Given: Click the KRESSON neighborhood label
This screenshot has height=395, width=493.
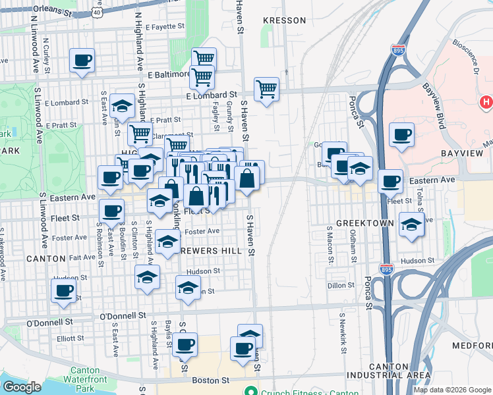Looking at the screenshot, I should click(x=284, y=20).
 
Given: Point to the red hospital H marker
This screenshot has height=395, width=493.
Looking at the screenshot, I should click(x=486, y=102).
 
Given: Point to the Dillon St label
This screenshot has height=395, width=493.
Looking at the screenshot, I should click(x=341, y=286).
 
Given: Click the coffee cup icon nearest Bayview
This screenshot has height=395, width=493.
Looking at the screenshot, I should click(x=401, y=135).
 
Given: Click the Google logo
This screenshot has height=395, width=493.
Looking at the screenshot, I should click(x=22, y=387).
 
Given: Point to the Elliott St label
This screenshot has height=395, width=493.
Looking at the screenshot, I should click(x=70, y=338).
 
